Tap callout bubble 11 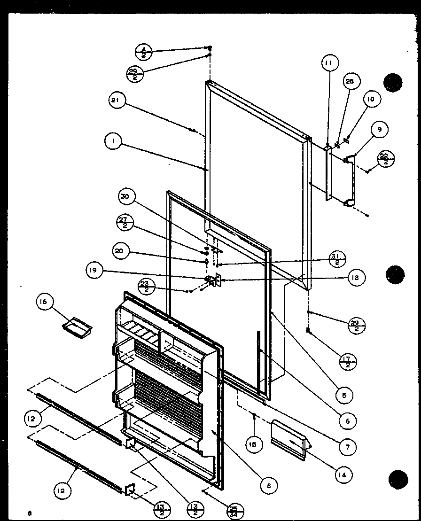[x=330, y=62]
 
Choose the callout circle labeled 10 [x=371, y=99]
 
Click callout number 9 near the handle [x=380, y=128]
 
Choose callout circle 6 [x=347, y=421]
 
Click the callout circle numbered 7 [x=348, y=447]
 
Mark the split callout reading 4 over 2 [x=144, y=52]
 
